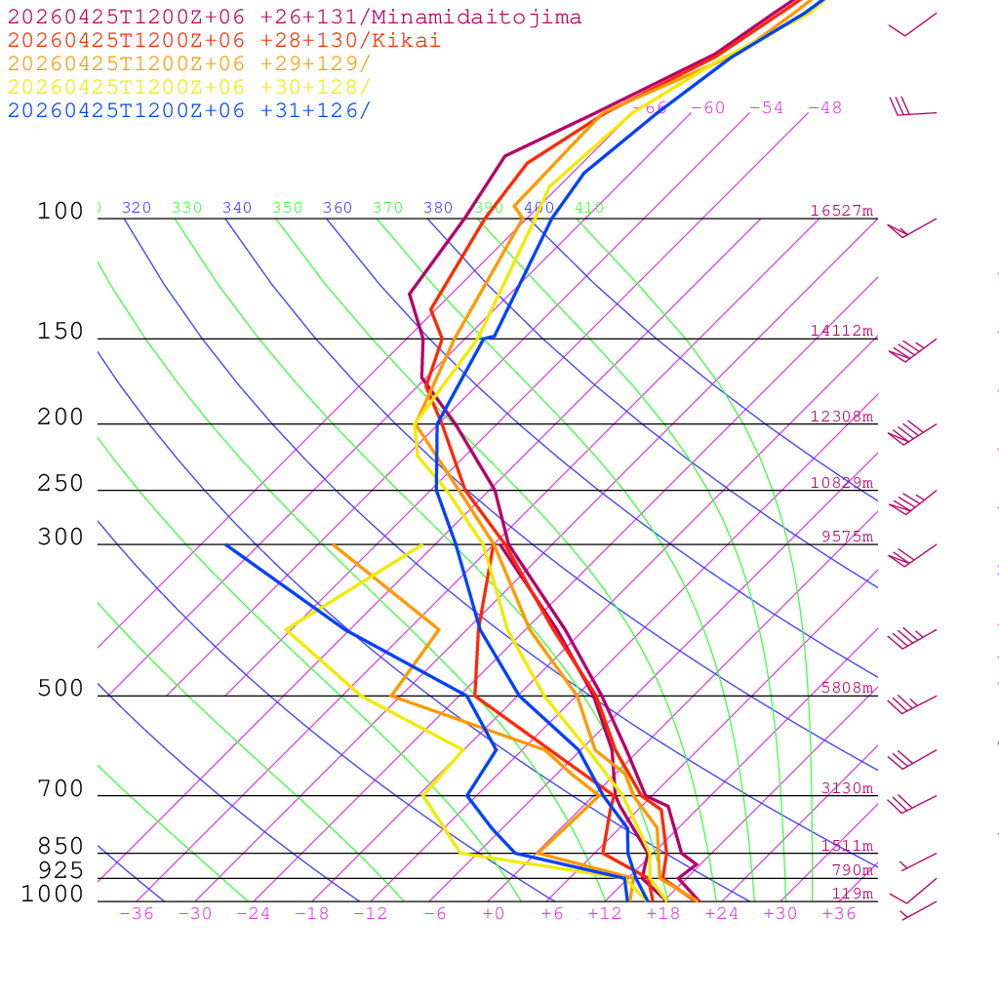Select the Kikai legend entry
pos(224,41)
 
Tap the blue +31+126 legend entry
pos(189,110)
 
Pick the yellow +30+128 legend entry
pos(189,87)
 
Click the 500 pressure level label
pos(60,689)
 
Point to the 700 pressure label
pos(60,788)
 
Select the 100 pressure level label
pos(60,211)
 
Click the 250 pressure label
pos(60,484)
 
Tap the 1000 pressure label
pos(53,894)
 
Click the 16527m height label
pos(842,211)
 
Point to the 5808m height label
pos(847,688)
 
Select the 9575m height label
pos(847,537)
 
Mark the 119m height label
pos(853,894)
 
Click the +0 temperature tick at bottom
pos(494,913)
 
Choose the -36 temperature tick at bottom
pos(137,913)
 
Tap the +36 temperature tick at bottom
pos(839,913)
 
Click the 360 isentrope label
pos(338,208)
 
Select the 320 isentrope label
pos(137,208)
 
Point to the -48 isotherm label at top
pos(824,107)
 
